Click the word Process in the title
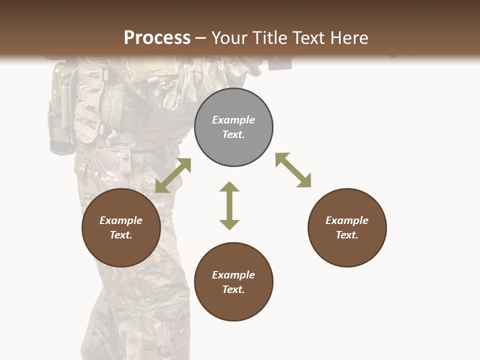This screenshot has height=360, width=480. click(x=157, y=38)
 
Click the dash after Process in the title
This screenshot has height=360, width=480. click(x=200, y=39)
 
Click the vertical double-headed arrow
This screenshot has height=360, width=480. click(x=229, y=205)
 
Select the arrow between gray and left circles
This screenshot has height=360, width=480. click(x=173, y=175)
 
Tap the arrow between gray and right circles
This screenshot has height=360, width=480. click(x=293, y=170)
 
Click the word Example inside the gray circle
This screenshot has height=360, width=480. click(x=233, y=120)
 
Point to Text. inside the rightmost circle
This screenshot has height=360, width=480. click(x=347, y=235)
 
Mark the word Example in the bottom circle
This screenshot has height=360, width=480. click(x=233, y=275)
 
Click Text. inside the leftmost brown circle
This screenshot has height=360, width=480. click(x=121, y=235)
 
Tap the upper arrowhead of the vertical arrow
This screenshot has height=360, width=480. click(x=229, y=187)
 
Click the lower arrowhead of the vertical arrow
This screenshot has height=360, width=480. click(x=229, y=224)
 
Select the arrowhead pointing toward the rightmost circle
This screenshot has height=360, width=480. click(x=304, y=181)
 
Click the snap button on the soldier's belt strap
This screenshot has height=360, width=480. click(x=125, y=158)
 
